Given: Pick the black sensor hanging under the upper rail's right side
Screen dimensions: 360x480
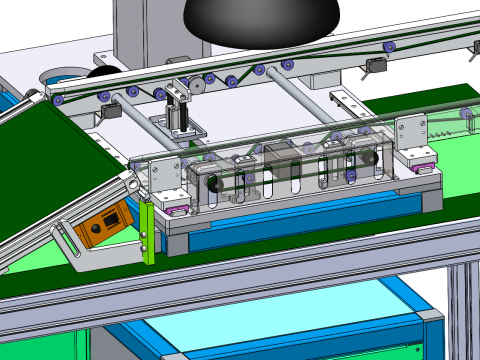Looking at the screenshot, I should [374, 66].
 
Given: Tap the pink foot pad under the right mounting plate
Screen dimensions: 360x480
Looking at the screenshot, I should [418, 157].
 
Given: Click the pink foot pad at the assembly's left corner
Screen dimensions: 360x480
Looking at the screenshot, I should [177, 209].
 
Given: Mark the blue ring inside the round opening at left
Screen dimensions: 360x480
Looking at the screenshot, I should [62, 75].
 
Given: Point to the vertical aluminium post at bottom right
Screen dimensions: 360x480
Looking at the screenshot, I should [462, 310].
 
